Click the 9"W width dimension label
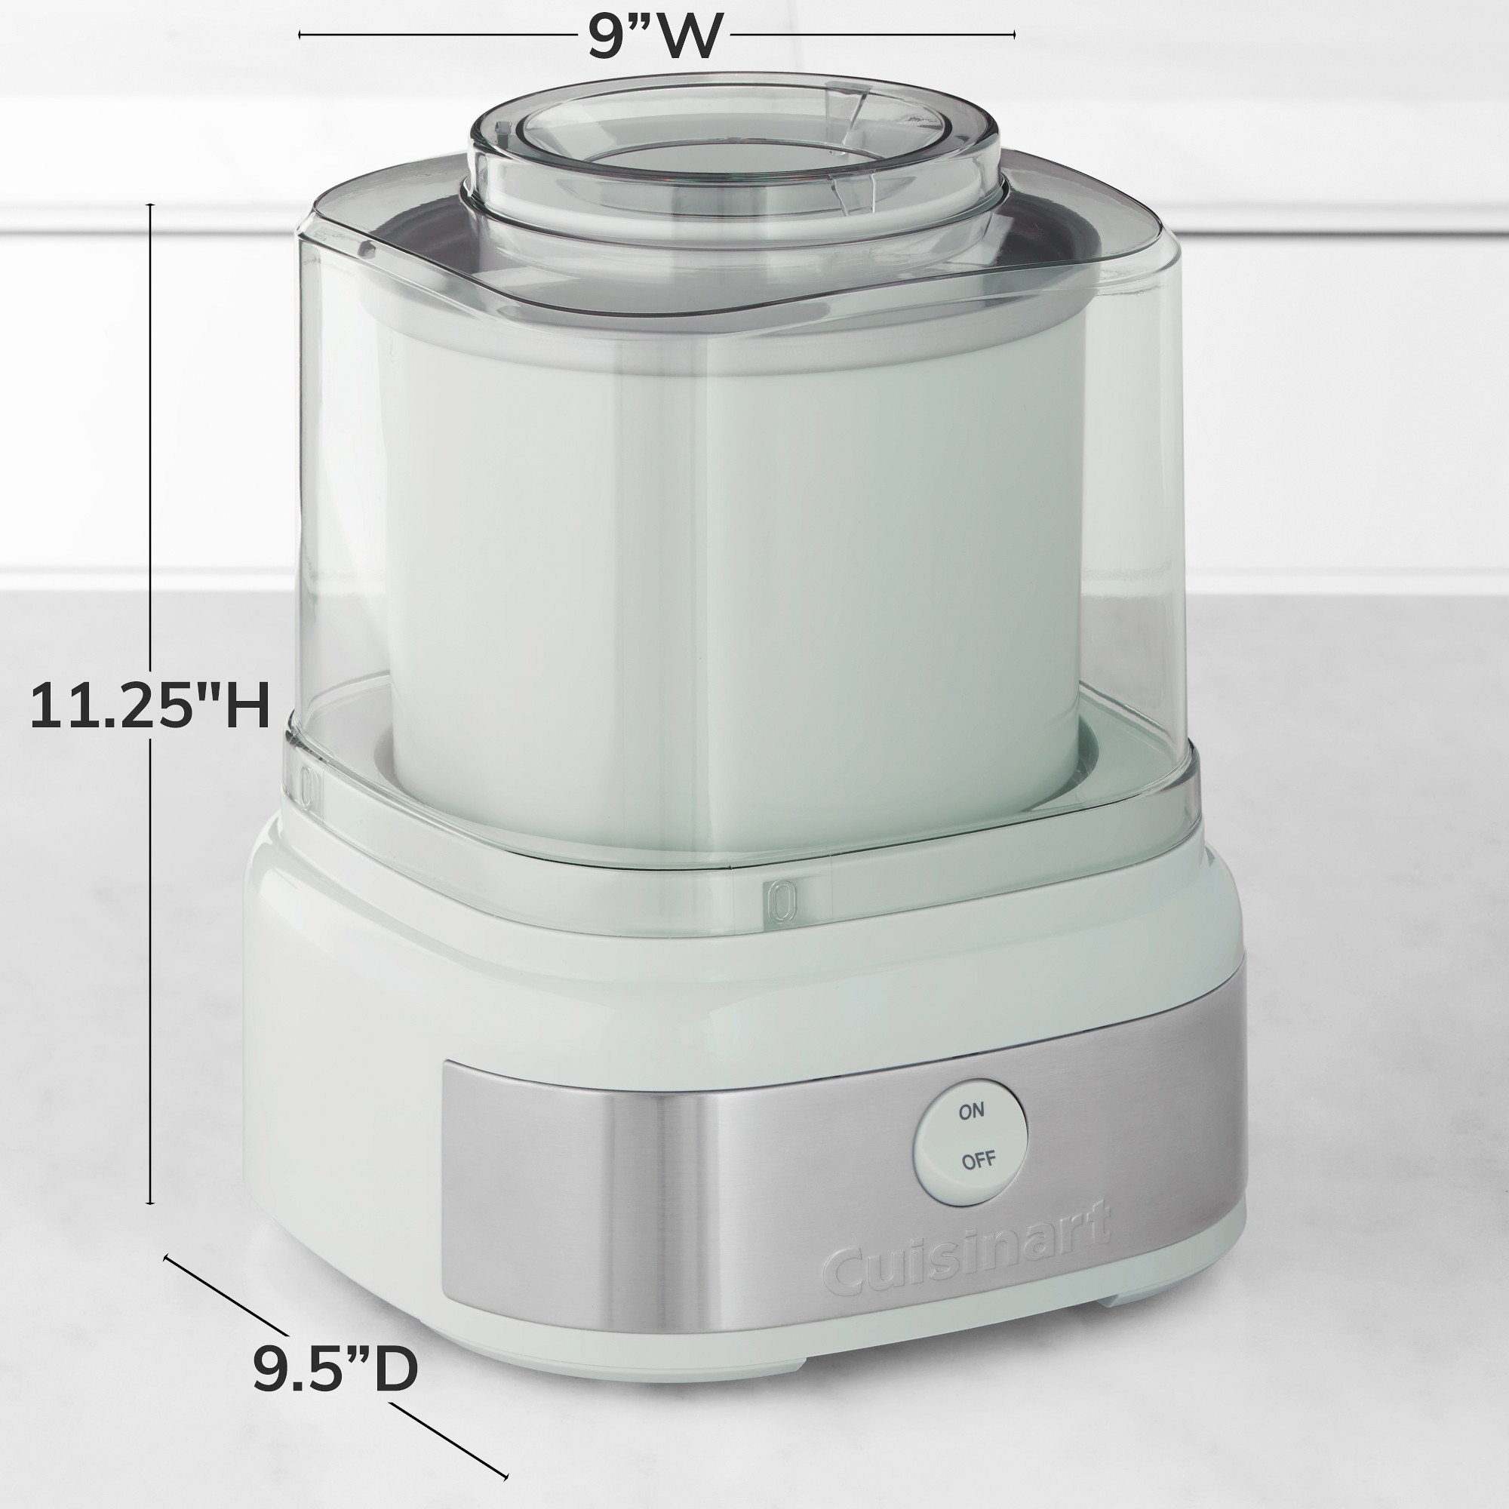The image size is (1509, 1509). pyautogui.click(x=654, y=35)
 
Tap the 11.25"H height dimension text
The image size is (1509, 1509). pyautogui.click(x=150, y=706)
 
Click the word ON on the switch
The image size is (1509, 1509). pyautogui.click(x=972, y=1111)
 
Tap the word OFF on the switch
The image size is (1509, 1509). pyautogui.click(x=978, y=1160)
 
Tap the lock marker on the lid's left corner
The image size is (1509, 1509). pyautogui.click(x=308, y=786)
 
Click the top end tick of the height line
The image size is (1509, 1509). pyautogui.click(x=151, y=205)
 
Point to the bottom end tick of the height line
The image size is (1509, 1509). pyautogui.click(x=151, y=1203)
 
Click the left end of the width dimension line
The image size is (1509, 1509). pyautogui.click(x=300, y=35)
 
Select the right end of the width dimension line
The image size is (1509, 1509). pyautogui.click(x=1014, y=35)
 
